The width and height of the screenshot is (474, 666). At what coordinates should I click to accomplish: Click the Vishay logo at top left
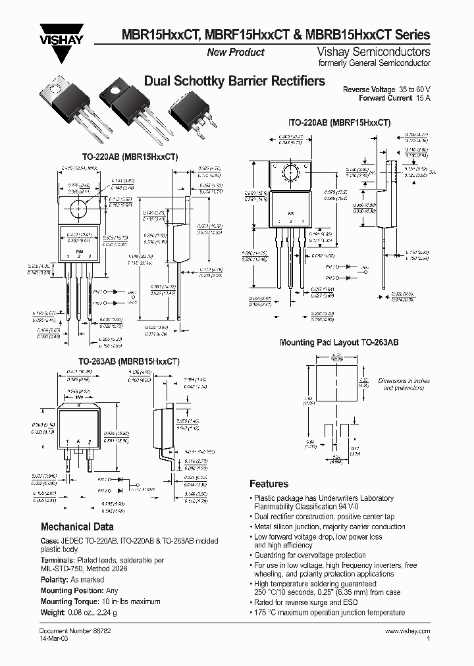tap(57, 36)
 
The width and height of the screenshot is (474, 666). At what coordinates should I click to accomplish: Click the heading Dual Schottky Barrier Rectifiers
tap(234, 82)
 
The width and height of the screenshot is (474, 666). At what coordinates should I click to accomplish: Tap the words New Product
tap(236, 53)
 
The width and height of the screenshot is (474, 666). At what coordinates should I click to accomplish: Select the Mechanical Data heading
tap(77, 526)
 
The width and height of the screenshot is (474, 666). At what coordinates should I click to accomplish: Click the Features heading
tap(269, 484)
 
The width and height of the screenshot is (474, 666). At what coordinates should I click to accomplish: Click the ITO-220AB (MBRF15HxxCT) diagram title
tap(340, 122)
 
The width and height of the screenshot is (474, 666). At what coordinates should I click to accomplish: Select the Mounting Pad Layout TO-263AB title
tap(339, 343)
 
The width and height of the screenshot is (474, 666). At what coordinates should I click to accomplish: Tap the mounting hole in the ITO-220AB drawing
tap(290, 174)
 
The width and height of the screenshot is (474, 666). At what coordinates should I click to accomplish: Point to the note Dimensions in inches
tap(404, 382)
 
